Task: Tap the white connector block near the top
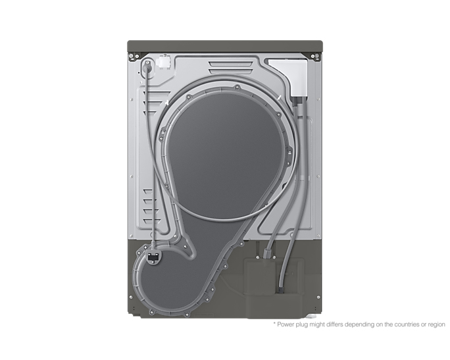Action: [x=163, y=63]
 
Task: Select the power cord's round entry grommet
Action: [x=147, y=66]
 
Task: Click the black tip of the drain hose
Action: [x=280, y=290]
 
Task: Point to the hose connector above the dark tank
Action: [x=268, y=253]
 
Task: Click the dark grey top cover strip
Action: [x=225, y=46]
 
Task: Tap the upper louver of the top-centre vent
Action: [x=231, y=64]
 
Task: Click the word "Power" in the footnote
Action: [x=286, y=324]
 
